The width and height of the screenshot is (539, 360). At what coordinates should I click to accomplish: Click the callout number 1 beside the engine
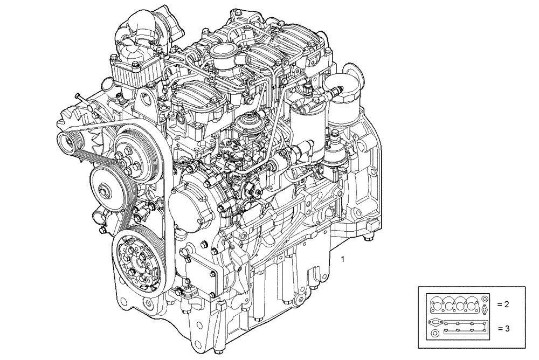click(x=343, y=260)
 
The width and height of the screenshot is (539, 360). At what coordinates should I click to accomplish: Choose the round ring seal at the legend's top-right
click(x=485, y=298)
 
